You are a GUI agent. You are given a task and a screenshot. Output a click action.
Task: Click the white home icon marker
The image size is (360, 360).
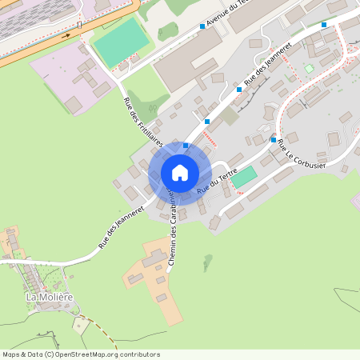coord(180,172)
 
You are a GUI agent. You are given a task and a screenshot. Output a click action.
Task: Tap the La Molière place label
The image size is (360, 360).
coord(50,297)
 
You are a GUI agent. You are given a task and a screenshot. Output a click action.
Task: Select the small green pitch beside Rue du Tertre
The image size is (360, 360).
coord(244,177)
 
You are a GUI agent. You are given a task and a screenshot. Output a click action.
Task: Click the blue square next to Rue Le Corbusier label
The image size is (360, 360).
coord(274,140)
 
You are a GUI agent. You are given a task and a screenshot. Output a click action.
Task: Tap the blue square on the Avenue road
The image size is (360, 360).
coord(202,26)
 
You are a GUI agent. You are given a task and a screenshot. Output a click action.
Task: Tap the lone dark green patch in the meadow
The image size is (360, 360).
coord(208,262)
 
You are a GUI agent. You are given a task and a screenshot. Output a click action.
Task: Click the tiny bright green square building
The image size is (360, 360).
coord(309,69)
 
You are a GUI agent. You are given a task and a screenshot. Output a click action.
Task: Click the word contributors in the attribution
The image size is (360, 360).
coord(138,354)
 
